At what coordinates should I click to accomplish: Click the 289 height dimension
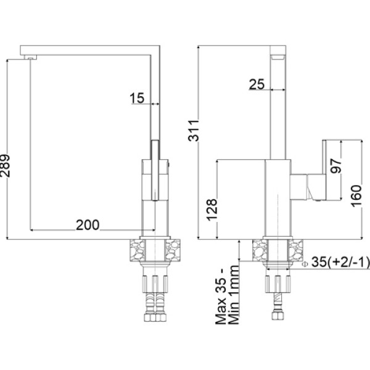(x=5, y=166)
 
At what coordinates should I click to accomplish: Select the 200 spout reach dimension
(x=88, y=225)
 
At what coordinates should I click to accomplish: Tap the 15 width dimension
(x=137, y=98)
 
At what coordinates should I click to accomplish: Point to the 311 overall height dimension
(x=194, y=131)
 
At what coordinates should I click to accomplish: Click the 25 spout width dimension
(x=257, y=84)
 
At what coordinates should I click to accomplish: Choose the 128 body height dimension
(x=212, y=210)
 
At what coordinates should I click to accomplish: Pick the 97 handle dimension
(x=335, y=166)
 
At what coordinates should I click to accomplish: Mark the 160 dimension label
(x=356, y=196)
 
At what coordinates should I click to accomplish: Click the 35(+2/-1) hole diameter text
(x=340, y=262)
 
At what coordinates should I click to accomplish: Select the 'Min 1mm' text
(x=234, y=295)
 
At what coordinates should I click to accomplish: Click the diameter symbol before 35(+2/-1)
(x=305, y=264)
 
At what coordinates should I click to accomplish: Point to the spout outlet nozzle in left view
(x=31, y=57)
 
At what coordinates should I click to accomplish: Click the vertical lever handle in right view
(x=324, y=170)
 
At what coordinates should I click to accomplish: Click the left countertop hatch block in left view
(x=137, y=250)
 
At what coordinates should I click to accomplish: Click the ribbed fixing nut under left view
(x=155, y=284)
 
